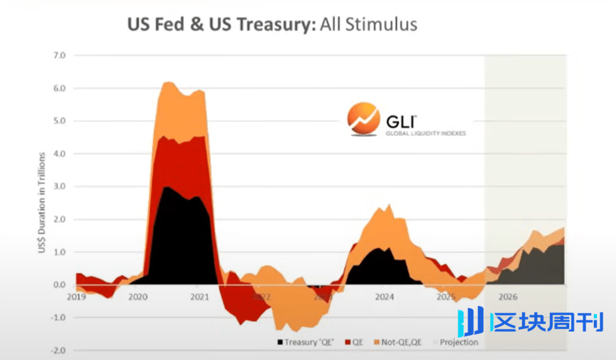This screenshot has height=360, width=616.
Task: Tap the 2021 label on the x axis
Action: click(199, 297)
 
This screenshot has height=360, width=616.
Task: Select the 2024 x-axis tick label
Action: click(384, 297)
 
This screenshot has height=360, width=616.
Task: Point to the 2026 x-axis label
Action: click(508, 297)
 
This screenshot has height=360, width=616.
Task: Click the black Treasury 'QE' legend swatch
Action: click(280, 342)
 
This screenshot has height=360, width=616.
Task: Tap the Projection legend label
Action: click(459, 342)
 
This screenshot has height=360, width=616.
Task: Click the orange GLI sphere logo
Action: click(363, 118)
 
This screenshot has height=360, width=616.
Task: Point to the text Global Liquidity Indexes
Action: click(425, 133)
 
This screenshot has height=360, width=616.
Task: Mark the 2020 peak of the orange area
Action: click(168, 82)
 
